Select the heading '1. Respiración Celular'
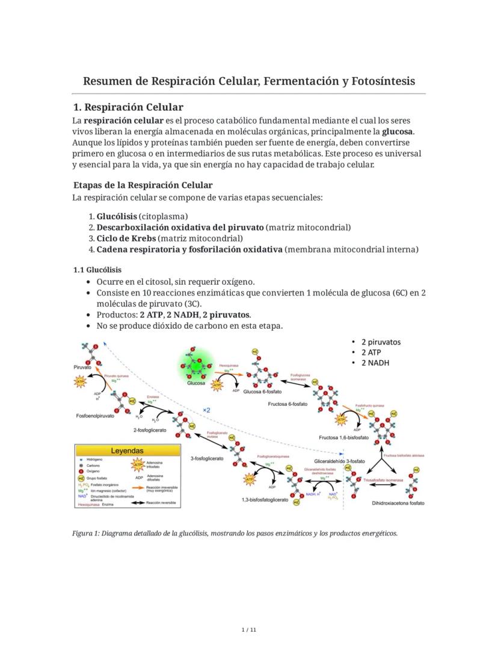tap(128, 107)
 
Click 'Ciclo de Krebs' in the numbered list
tap(121, 238)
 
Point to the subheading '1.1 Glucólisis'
tap(97, 270)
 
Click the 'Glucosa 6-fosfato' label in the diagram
tap(262, 392)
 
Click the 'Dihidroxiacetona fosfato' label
tap(398, 503)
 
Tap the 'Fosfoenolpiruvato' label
tap(95, 416)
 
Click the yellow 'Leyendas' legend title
tap(127, 450)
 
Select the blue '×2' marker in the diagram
tap(206, 410)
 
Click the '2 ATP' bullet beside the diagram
tap(372, 352)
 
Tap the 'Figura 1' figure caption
tap(235, 533)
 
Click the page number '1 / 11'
tap(248, 630)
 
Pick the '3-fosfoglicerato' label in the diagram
tap(207, 458)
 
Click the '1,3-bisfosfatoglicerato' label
tap(265, 500)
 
